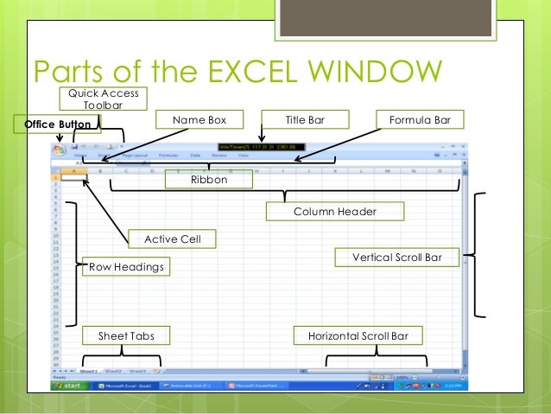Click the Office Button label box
[58, 125]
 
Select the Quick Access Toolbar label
[104, 99]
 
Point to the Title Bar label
[305, 119]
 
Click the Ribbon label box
[209, 180]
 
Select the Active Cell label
[173, 239]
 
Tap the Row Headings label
[126, 268]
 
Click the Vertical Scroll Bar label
[397, 258]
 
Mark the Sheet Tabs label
[126, 335]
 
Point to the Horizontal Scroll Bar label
[358, 335]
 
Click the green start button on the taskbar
[71, 385]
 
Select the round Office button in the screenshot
[60, 150]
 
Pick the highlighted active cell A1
[74, 177]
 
